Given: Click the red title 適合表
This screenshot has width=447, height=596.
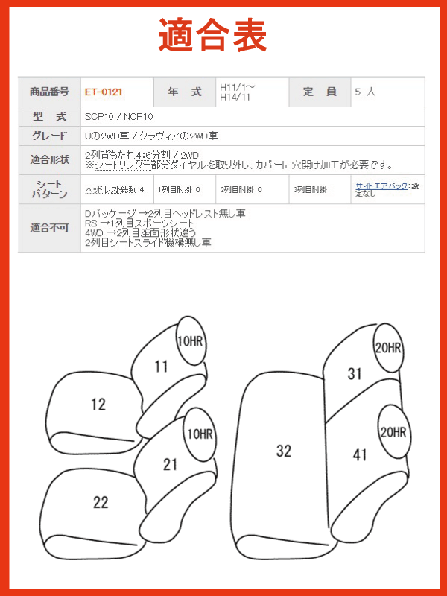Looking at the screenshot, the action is pyautogui.click(x=212, y=35).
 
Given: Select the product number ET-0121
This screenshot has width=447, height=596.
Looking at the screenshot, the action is pyautogui.click(x=104, y=92).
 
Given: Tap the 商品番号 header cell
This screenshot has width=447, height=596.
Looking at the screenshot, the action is pyautogui.click(x=49, y=92).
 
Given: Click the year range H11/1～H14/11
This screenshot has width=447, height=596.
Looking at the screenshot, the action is pyautogui.click(x=238, y=92).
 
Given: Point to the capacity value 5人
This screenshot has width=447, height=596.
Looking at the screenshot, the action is pyautogui.click(x=365, y=92).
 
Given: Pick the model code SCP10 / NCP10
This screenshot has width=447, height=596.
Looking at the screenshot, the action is pyautogui.click(x=119, y=117).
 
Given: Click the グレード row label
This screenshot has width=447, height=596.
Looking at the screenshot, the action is pyautogui.click(x=49, y=136).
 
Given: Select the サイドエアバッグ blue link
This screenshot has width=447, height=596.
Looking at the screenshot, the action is pyautogui.click(x=381, y=186).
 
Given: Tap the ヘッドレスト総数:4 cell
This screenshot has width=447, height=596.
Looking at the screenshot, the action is pyautogui.click(x=115, y=189).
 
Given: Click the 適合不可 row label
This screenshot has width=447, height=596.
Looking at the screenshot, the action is pyautogui.click(x=49, y=228).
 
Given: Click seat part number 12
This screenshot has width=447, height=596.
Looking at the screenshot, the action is pyautogui.click(x=98, y=405).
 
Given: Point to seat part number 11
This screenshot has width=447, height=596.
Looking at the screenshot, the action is pyautogui.click(x=161, y=367).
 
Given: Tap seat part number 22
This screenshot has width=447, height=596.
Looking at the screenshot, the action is pyautogui.click(x=101, y=502).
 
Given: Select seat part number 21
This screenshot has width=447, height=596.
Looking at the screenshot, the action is pyautogui.click(x=170, y=464).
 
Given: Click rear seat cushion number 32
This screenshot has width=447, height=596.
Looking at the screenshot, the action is pyautogui.click(x=284, y=451).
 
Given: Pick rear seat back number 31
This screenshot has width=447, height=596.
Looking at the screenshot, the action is pyautogui.click(x=355, y=374).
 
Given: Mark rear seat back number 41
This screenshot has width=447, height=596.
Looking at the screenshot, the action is pyautogui.click(x=360, y=454).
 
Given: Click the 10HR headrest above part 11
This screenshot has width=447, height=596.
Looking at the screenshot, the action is pyautogui.click(x=190, y=341).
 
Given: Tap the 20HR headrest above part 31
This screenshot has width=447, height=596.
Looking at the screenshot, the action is pyautogui.click(x=387, y=347).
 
